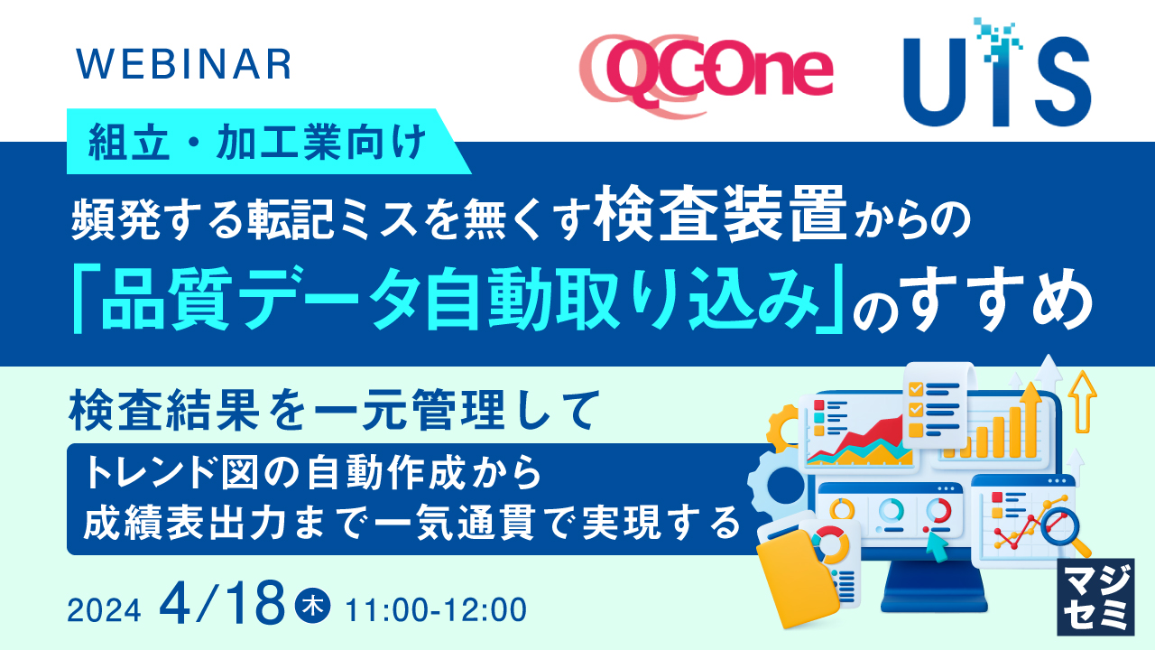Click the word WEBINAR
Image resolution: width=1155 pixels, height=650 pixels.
click(x=184, y=64)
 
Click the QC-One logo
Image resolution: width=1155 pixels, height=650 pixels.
click(x=706, y=75)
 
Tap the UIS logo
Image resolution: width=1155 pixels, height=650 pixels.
click(x=997, y=73)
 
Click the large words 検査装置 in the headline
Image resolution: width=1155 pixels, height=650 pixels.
click(x=720, y=214)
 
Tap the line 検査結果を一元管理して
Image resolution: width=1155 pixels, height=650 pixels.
click(x=335, y=411)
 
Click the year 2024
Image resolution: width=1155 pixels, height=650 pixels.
click(x=104, y=611)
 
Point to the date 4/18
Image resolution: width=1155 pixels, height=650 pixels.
click(x=222, y=603)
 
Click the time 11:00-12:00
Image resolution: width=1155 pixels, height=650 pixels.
click(x=436, y=609)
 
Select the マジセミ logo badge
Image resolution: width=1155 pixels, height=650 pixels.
click(x=1095, y=597)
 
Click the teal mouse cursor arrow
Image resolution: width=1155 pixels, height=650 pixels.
click(x=937, y=546)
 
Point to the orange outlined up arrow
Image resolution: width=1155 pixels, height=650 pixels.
click(x=1082, y=402)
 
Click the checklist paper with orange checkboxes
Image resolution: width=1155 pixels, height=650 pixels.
click(x=937, y=405)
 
